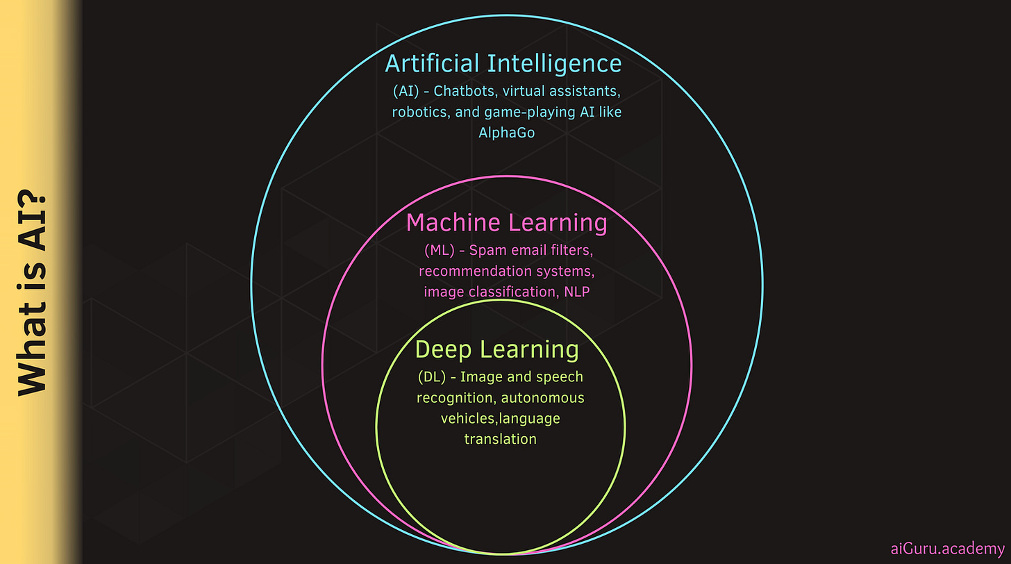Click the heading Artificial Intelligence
503,64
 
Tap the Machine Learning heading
506,223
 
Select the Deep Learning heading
496,349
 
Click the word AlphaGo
507,133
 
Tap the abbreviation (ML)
438,250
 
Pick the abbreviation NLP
576,292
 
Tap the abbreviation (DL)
433,377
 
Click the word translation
500,439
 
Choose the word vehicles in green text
468,419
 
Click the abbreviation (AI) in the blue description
406,91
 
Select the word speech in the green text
562,377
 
